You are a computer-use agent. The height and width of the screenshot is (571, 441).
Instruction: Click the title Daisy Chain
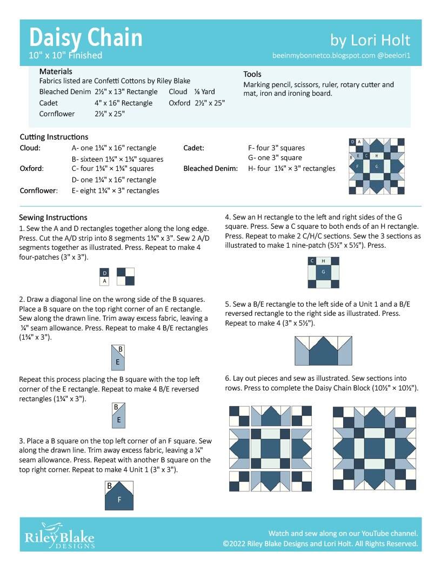tap(86, 37)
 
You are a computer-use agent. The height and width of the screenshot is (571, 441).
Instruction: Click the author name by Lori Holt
tap(370, 40)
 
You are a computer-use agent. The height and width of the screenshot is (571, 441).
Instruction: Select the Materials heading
tap(56, 71)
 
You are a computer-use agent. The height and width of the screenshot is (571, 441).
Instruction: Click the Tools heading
tap(252, 74)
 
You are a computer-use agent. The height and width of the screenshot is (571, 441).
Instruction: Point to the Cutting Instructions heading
tap(54, 137)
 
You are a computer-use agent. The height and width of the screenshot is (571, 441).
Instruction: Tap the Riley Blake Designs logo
tap(59, 535)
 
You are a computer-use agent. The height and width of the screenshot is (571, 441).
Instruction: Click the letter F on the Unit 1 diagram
tap(119, 500)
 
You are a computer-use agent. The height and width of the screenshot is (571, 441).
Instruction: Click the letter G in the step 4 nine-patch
tap(323, 271)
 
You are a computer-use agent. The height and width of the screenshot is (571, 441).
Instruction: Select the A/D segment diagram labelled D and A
tap(105, 276)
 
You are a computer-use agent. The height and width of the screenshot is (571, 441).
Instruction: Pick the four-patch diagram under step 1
tap(126, 276)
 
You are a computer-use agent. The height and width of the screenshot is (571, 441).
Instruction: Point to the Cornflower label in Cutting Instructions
tap(38, 190)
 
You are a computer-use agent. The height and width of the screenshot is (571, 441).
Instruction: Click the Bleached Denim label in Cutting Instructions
tap(210, 169)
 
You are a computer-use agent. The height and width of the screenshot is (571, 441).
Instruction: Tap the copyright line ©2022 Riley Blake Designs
tap(320, 543)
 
